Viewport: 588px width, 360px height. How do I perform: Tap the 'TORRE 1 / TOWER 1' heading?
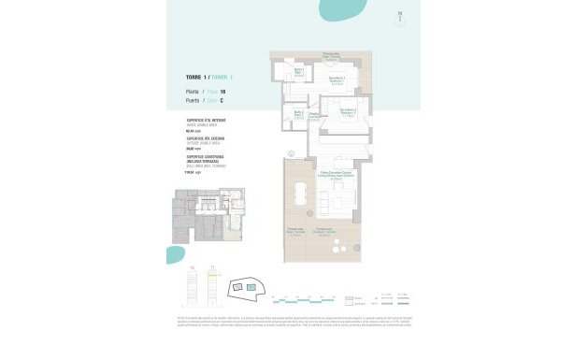tap(205, 76)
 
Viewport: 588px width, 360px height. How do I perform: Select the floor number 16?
tap(222, 91)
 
